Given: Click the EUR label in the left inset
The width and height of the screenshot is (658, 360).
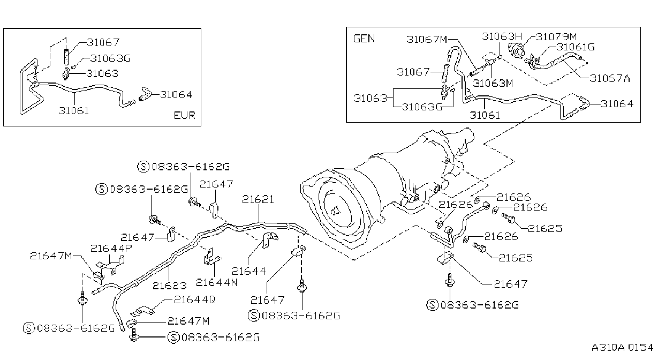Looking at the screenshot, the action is pos(185,115).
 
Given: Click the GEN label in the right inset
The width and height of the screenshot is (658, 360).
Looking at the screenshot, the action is pos(364,39).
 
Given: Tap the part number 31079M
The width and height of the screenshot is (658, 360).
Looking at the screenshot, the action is pos(556,37).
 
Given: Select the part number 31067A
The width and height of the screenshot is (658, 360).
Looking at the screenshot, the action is pos(610,78).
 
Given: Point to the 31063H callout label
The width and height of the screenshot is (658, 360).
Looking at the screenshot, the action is pos(502,36).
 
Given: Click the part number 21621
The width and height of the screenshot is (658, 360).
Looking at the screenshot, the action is pos(258,199).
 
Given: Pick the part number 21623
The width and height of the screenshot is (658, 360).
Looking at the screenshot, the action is pos(170,285).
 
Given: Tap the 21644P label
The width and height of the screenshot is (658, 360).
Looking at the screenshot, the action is pos(111,249).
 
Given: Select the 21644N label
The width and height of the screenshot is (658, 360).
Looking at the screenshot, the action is pos(216,282).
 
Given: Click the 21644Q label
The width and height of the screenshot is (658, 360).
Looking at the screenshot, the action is pos(195,299).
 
